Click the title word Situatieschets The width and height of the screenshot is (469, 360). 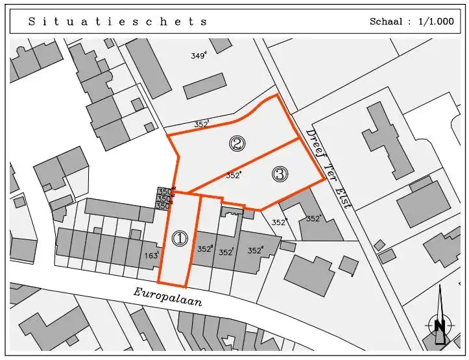tap(117, 21)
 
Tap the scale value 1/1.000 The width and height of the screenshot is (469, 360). tap(437, 21)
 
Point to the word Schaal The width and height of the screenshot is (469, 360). tap(387, 21)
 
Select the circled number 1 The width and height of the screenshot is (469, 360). tap(179, 239)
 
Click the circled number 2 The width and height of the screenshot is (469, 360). tap(237, 144)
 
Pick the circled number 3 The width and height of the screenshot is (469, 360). tap(280, 174)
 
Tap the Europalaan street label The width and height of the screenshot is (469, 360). tap(168, 297)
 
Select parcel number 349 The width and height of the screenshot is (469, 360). tap(198, 56)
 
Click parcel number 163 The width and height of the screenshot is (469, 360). tap(152, 256)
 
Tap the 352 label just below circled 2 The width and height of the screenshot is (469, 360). tap(234, 175)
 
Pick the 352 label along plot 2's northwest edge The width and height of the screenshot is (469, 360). tap(202, 123)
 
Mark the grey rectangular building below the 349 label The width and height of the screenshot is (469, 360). tap(204, 86)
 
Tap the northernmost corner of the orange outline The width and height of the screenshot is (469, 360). tap(278, 95)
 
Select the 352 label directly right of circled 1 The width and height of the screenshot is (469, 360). tap(205, 248)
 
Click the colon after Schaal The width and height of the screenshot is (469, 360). tap(409, 21)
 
